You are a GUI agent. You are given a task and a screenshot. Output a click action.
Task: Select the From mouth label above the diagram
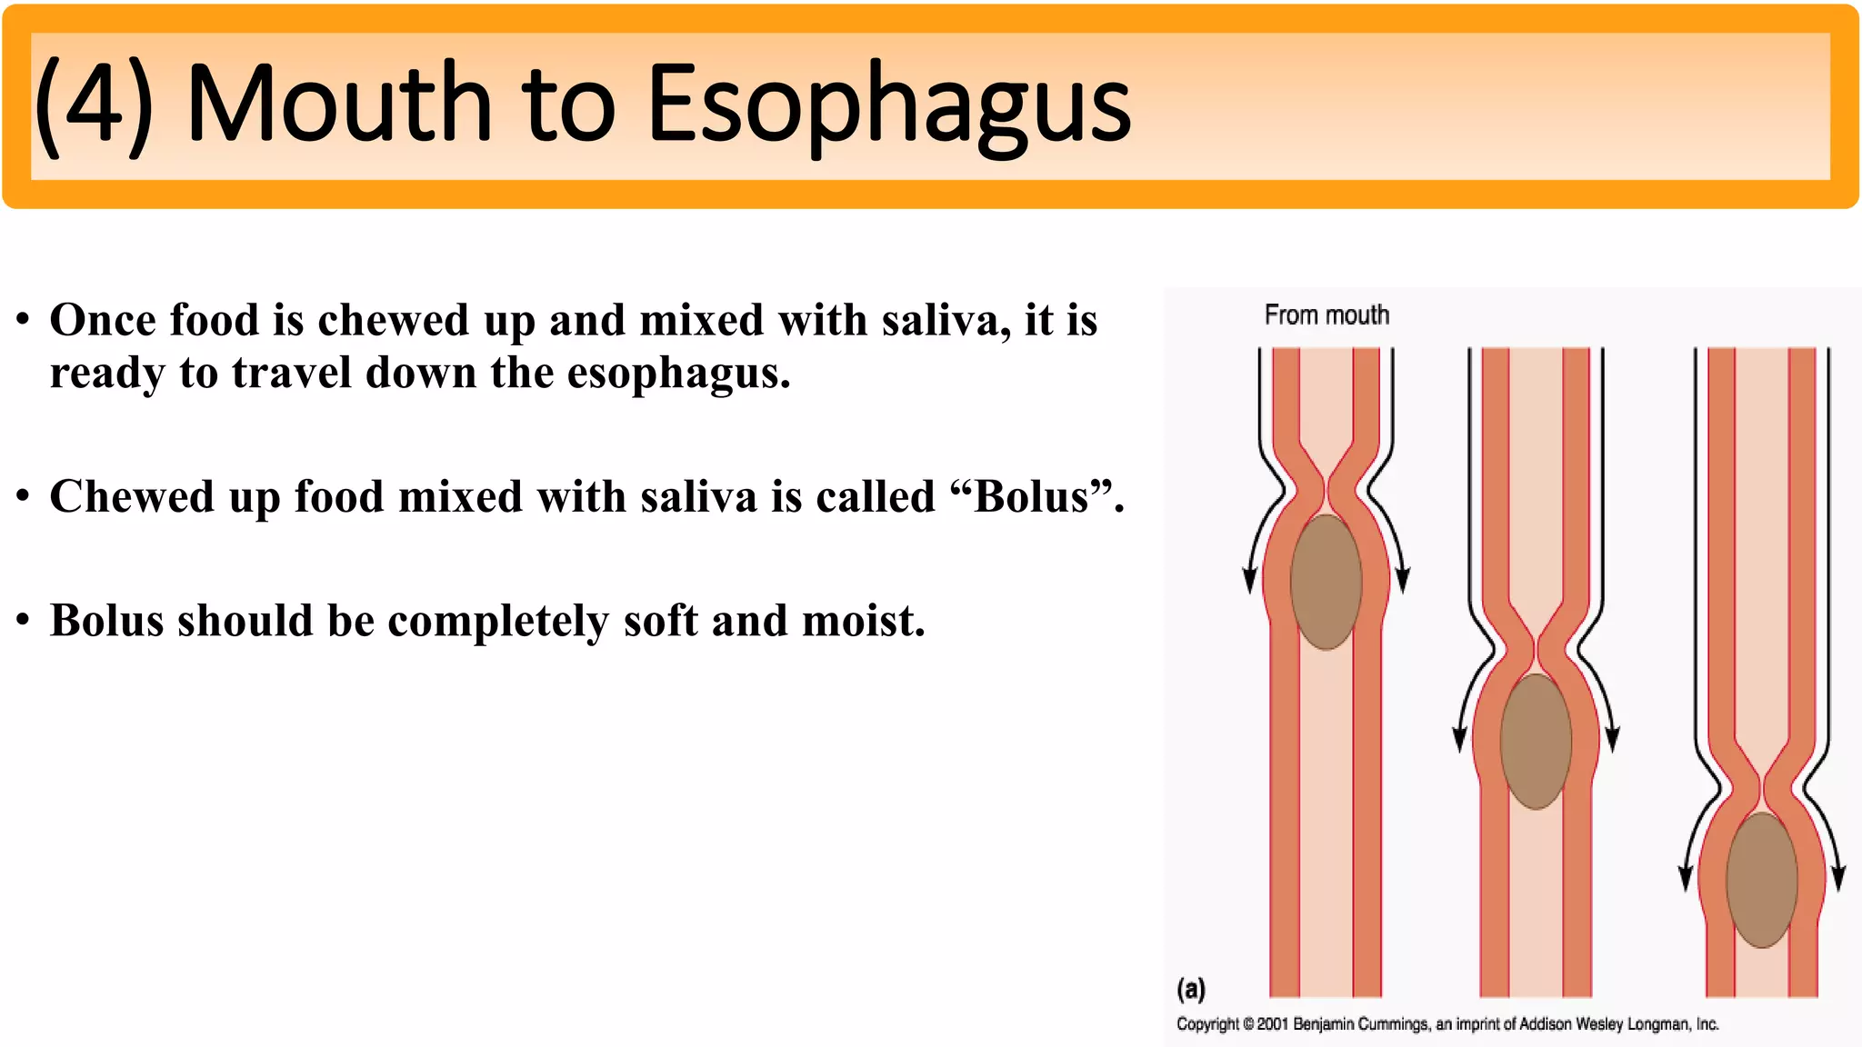tap(1326, 315)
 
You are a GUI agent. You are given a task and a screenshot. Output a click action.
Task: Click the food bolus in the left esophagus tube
tap(1326, 582)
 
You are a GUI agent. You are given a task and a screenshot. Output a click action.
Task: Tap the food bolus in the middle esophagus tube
tap(1536, 741)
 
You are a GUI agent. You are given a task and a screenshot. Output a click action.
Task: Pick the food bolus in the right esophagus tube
tap(1761, 880)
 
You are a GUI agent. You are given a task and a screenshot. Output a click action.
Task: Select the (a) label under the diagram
tap(1191, 989)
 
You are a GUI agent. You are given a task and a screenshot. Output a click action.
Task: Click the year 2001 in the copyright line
tap(1273, 1024)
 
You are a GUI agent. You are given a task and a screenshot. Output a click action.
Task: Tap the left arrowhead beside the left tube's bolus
tap(1250, 580)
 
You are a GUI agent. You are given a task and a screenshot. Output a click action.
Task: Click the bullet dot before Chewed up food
tap(24, 497)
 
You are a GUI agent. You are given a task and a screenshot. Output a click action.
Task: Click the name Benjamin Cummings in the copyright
tap(1360, 1024)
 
